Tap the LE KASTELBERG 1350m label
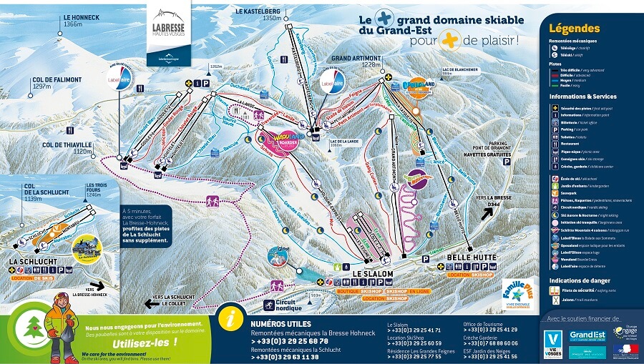coord(261,15)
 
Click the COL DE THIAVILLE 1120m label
coord(68,148)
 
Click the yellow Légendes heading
coord(573,29)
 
